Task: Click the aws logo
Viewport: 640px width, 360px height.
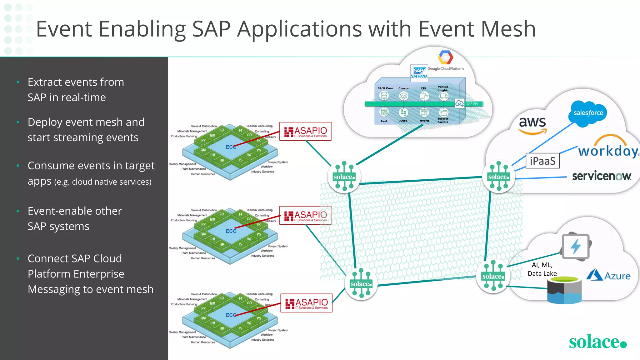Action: (532, 125)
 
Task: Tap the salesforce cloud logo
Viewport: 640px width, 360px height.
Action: (588, 113)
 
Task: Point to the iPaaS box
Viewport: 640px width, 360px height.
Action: (542, 161)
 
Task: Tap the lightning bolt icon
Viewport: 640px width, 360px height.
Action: (576, 246)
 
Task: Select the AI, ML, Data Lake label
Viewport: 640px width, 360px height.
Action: (542, 269)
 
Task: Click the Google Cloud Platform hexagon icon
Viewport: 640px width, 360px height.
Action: (445, 57)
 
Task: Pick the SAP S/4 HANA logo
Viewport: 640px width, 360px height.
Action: (419, 72)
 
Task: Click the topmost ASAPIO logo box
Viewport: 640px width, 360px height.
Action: (305, 131)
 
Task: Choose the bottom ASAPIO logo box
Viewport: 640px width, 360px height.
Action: (306, 303)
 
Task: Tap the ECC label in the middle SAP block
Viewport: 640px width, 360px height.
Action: (231, 231)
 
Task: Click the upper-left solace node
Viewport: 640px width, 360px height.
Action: (344, 177)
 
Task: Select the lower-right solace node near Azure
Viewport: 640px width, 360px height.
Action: (493, 276)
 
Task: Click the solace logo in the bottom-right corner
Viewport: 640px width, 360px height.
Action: (597, 342)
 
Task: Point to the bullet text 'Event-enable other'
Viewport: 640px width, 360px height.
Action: (75, 211)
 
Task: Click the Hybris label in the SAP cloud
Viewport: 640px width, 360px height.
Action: (424, 121)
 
